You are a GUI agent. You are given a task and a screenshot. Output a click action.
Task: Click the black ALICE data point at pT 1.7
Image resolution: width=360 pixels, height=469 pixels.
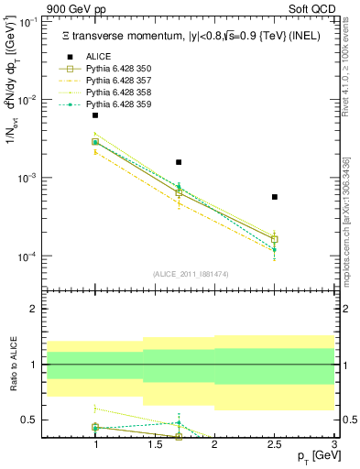pyautogui.click(x=179, y=162)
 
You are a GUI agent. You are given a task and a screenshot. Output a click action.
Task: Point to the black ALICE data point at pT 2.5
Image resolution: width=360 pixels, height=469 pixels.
pyautogui.click(x=275, y=197)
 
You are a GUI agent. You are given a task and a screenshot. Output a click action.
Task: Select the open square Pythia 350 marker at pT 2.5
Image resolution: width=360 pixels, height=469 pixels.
pyautogui.click(x=275, y=239)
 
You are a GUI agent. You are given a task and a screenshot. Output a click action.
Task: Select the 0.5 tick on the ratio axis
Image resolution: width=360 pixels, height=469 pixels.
pyautogui.click(x=31, y=420)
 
